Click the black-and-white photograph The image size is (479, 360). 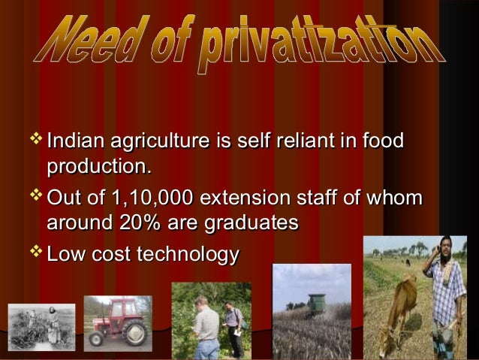tap(42, 327)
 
